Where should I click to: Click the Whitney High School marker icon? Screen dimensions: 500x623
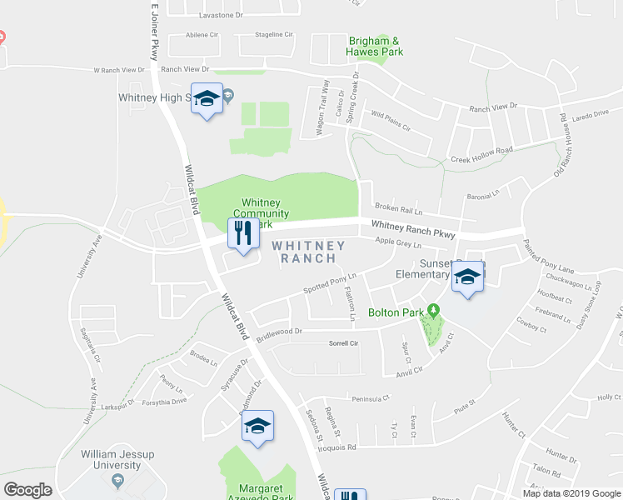(207, 99)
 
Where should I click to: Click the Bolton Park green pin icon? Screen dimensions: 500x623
(433, 312)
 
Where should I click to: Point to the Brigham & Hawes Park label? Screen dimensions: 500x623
(375, 46)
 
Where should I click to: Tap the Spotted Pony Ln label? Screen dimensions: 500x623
(330, 283)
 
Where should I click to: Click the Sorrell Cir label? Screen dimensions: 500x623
(343, 343)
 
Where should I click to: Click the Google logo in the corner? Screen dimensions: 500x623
(27, 490)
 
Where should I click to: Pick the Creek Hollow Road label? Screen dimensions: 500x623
(481, 153)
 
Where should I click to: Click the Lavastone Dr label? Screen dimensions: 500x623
(221, 16)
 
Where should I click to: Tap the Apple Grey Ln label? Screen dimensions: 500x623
(398, 243)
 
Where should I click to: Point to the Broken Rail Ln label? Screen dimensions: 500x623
(398, 207)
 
